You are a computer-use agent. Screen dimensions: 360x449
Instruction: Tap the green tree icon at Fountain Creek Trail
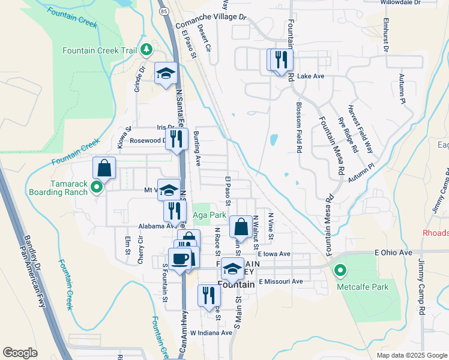point(146,49)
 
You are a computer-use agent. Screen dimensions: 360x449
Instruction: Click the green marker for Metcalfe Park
point(340,272)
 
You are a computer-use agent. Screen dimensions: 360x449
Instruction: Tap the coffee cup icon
point(179,259)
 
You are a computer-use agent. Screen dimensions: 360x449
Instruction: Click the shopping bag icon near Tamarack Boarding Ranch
point(104,169)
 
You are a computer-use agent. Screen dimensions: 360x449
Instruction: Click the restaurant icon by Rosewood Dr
point(176,139)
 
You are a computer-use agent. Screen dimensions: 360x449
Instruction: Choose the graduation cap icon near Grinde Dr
point(166,73)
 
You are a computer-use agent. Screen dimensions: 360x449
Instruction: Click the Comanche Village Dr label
point(211,22)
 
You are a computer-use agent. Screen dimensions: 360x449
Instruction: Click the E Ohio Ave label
point(393,253)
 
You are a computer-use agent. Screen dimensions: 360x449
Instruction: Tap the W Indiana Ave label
point(211,332)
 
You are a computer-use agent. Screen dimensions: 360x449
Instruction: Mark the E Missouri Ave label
point(281,281)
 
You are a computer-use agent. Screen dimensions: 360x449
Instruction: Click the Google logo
point(20,353)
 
